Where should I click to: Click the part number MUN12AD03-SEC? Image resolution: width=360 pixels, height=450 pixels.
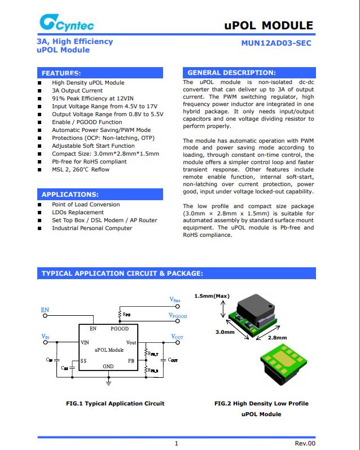pos(276,42)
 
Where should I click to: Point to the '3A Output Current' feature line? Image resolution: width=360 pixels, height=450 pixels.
pos(77,90)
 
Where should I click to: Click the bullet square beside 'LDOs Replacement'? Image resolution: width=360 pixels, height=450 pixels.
pos(39,213)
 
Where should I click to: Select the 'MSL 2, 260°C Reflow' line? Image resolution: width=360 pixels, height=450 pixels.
pos(81,169)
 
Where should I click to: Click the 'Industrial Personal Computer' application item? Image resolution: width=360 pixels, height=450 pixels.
pos(92,228)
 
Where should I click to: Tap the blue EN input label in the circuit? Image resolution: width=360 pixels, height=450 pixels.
pos(45,310)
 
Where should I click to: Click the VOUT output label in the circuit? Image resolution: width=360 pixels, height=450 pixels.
pos(177,337)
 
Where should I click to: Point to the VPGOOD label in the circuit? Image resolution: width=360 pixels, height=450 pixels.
pos(177,316)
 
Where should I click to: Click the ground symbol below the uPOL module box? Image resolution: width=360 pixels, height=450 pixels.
pos(109,382)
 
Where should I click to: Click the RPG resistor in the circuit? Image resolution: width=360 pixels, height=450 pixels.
pos(120,314)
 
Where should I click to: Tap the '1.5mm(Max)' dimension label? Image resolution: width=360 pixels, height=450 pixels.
pos(212,295)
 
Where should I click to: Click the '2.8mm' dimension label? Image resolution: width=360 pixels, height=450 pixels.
pos(276,338)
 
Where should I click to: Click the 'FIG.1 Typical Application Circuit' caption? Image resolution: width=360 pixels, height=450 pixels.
pos(115,403)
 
